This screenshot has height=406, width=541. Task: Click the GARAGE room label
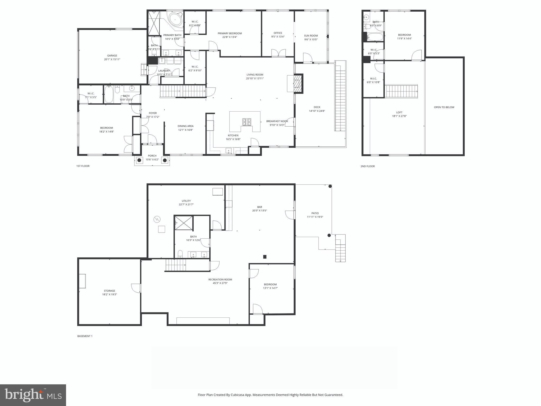point(112,56)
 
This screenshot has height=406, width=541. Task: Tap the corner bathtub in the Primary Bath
point(175,20)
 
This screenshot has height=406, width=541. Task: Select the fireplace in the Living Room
point(297,84)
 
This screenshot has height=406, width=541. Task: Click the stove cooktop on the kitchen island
point(247,122)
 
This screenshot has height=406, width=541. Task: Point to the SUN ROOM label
point(311,36)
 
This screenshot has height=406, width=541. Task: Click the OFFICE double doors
point(278,53)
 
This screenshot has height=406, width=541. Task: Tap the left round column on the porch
point(139,160)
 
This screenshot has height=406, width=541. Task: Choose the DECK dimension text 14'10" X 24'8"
point(317,111)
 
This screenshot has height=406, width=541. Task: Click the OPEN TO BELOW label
point(444,107)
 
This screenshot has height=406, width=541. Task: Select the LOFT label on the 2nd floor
point(399,112)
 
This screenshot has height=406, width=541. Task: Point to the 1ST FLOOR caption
point(83,166)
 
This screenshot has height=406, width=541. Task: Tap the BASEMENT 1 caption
point(85,336)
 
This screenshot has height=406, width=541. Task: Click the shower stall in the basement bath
point(184,223)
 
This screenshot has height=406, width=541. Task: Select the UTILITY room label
point(186,201)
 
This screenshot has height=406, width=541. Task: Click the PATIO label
point(315,213)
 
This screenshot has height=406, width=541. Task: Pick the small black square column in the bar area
point(265,257)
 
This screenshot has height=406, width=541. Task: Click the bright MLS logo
point(33,395)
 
